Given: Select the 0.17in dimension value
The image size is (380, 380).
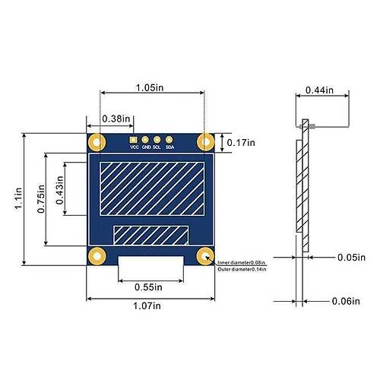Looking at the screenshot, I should tap(242, 141).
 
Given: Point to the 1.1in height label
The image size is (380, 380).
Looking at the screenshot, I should tap(17, 200).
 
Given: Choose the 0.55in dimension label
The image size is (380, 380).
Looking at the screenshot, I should tap(149, 287).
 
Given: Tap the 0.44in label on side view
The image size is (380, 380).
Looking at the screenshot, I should tap(319, 90).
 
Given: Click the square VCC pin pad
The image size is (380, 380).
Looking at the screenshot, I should tap(134, 139).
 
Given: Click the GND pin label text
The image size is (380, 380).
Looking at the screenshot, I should tap(145, 147).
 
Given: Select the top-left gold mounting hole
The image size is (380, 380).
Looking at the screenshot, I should tap(96, 141).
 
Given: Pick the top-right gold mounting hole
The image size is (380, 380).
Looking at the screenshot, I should tap(204, 141).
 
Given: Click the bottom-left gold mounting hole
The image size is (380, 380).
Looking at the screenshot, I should tap(96, 256).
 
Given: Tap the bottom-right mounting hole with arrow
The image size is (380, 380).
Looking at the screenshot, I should tap(204, 256).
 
